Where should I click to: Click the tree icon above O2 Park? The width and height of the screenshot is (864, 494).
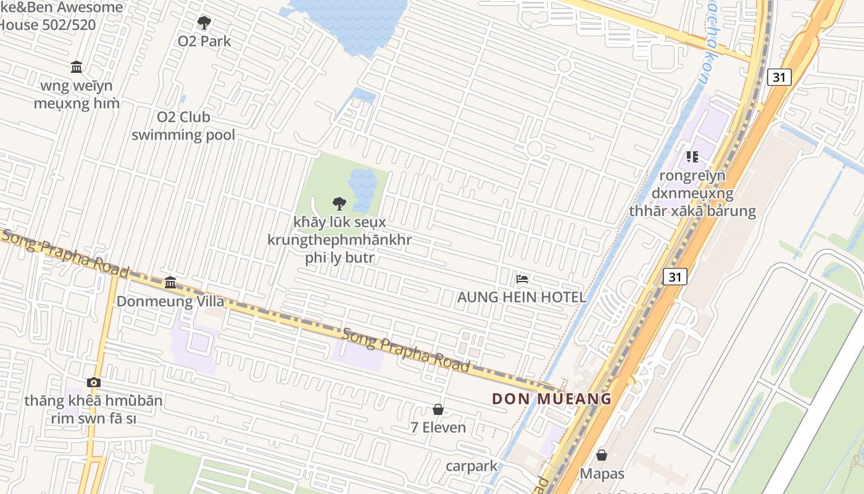[204, 23]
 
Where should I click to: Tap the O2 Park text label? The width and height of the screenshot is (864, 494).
[204, 41]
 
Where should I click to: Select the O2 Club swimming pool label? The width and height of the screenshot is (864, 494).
[183, 126]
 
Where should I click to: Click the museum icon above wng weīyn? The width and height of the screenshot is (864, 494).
[77, 67]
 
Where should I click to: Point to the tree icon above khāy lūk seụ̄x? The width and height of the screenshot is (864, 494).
[339, 203]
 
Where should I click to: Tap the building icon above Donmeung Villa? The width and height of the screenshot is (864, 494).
[170, 283]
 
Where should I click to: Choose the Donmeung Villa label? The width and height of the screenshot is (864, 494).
[170, 301]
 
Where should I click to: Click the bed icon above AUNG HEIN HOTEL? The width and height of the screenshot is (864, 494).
[522, 279]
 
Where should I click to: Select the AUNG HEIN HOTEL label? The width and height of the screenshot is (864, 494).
[521, 297]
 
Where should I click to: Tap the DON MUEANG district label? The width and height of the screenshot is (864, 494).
[552, 399]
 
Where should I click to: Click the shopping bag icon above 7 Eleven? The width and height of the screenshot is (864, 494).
[438, 409]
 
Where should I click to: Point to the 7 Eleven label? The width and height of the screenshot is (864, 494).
[438, 427]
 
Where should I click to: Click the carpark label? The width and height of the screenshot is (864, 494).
[472, 466]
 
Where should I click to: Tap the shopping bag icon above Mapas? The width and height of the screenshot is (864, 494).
[602, 456]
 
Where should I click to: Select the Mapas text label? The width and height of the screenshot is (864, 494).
[602, 474]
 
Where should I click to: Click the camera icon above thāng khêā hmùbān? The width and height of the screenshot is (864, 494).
[94, 383]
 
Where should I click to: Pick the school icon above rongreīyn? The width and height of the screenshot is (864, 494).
[692, 157]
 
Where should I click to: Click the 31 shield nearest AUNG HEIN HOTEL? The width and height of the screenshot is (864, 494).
[675, 276]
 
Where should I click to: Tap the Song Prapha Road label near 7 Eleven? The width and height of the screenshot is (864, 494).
[406, 350]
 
